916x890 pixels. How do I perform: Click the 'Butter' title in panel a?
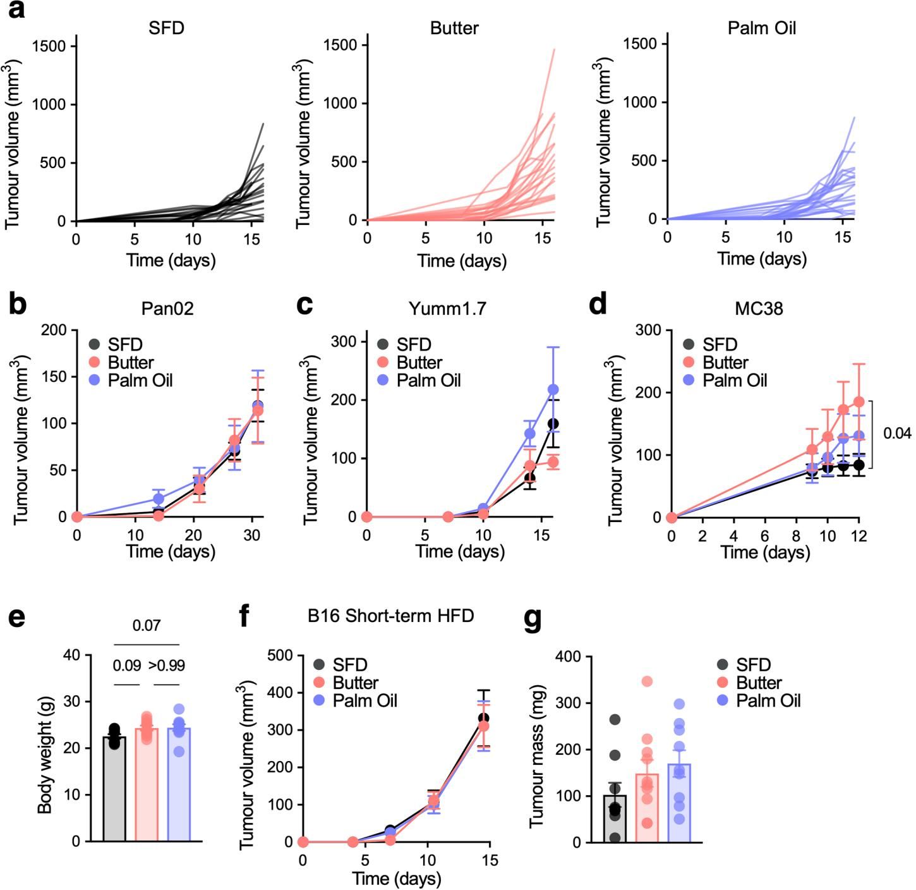pyautogui.click(x=454, y=28)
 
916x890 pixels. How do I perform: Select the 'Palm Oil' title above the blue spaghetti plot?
pyautogui.click(x=761, y=28)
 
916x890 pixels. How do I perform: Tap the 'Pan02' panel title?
pyautogui.click(x=167, y=308)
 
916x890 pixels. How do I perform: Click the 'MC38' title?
pyautogui.click(x=759, y=308)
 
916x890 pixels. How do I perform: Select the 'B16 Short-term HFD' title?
pyautogui.click(x=391, y=616)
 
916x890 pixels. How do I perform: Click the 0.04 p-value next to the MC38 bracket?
pyautogui.click(x=897, y=434)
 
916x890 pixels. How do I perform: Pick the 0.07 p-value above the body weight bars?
pyautogui.click(x=147, y=626)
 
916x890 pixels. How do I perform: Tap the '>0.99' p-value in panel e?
pyautogui.click(x=167, y=666)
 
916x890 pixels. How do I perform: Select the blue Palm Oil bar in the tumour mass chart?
pyautogui.click(x=679, y=803)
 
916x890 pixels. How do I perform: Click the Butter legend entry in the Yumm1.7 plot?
pyautogui.click(x=410, y=363)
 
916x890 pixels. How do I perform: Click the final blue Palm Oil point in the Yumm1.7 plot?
pyautogui.click(x=553, y=389)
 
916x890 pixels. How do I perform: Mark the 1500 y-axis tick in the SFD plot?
pyautogui.click(x=54, y=46)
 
